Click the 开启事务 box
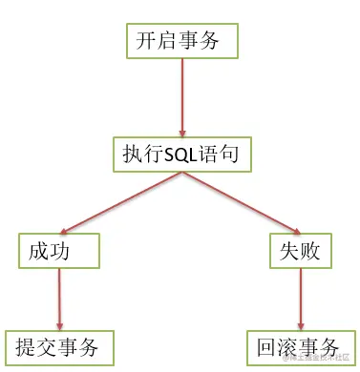point(181,42)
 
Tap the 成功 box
point(60,252)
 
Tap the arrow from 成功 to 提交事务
point(59,298)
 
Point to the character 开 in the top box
point(146,42)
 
